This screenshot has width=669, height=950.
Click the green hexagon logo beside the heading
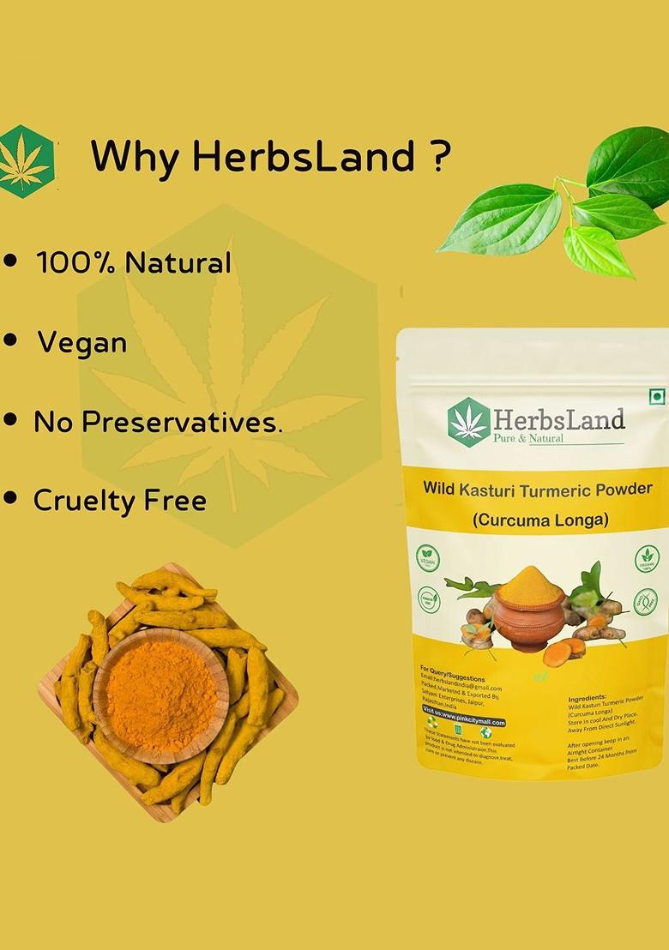click(x=26, y=161)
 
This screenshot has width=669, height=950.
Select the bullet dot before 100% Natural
click(x=11, y=260)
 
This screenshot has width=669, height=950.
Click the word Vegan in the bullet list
click(x=82, y=343)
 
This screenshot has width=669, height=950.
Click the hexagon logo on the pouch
click(x=468, y=422)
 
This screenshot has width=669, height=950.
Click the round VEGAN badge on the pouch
click(x=427, y=558)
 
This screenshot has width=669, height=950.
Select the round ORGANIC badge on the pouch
click(x=647, y=559)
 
